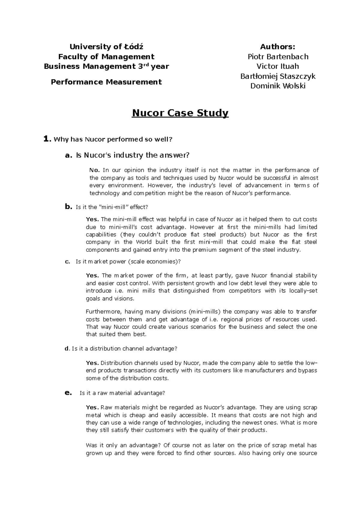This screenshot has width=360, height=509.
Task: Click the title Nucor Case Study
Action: tap(180, 113)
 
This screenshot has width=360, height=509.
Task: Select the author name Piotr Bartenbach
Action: tap(278, 57)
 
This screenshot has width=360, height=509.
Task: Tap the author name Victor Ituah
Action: tap(278, 66)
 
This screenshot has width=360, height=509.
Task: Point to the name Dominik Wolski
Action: tap(278, 86)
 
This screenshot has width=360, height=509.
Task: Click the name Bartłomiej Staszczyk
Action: tap(278, 76)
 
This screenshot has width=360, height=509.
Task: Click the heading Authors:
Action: tap(278, 47)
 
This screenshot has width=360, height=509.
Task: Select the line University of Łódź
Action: tap(106, 47)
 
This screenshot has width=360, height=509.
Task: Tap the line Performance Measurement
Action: tap(106, 82)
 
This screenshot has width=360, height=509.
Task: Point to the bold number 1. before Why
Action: tap(47, 139)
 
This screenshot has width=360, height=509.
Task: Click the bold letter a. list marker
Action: tap(69, 155)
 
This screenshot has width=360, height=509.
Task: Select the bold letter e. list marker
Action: tap(69, 393)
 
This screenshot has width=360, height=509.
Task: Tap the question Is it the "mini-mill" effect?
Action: tap(112, 207)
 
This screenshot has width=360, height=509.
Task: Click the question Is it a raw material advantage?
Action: tap(122, 393)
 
